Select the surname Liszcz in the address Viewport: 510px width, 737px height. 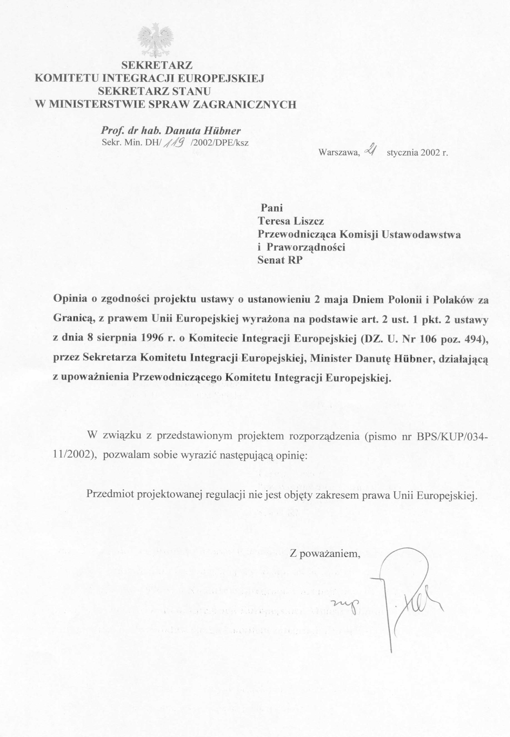point(309,221)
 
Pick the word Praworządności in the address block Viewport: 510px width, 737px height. point(306,247)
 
